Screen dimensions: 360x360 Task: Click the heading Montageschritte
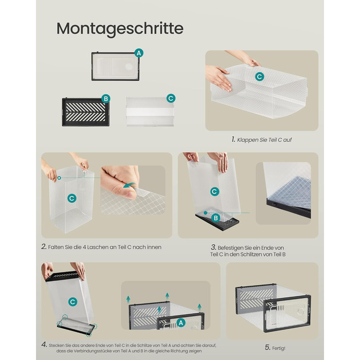point(120,29)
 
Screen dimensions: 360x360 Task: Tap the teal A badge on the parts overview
point(139,53)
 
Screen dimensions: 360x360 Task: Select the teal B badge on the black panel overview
point(106,99)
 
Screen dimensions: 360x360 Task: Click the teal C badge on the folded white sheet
point(171,99)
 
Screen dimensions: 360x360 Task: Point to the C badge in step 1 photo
point(260,77)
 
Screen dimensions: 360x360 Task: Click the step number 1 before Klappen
point(233,139)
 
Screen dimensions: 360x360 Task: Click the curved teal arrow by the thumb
point(129,185)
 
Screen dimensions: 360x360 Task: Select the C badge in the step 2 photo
point(72,198)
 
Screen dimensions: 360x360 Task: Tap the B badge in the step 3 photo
point(216,218)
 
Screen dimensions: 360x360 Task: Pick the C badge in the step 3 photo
point(214,191)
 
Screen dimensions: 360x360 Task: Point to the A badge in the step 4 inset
point(181,323)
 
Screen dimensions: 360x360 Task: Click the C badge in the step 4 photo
point(73,302)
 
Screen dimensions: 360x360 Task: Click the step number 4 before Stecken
point(44,345)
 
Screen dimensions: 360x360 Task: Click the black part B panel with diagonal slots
point(86,112)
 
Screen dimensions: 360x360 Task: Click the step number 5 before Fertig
point(267,347)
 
